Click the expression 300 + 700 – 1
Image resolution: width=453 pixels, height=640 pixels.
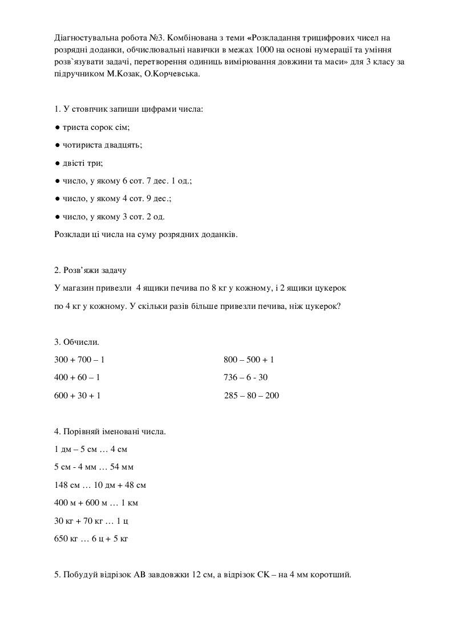pyautogui.click(x=79, y=360)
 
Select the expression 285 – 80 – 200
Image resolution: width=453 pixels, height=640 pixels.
pyautogui.click(x=252, y=396)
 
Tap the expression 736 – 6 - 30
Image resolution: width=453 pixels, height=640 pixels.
pyautogui.click(x=246, y=378)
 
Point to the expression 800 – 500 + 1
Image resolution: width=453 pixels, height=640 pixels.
pyautogui.click(x=249, y=360)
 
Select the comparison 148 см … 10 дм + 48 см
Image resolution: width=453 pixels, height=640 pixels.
pyautogui.click(x=100, y=485)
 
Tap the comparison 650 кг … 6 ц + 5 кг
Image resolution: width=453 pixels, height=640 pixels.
pyautogui.click(x=91, y=538)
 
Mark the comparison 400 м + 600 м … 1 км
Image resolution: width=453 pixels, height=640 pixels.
pyautogui.click(x=96, y=503)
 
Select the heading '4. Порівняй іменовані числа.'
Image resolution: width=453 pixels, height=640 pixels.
pyautogui.click(x=110, y=431)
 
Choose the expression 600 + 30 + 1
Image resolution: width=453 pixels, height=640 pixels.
pyautogui.click(x=78, y=396)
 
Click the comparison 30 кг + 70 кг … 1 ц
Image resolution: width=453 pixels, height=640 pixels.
pyautogui.click(x=90, y=520)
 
